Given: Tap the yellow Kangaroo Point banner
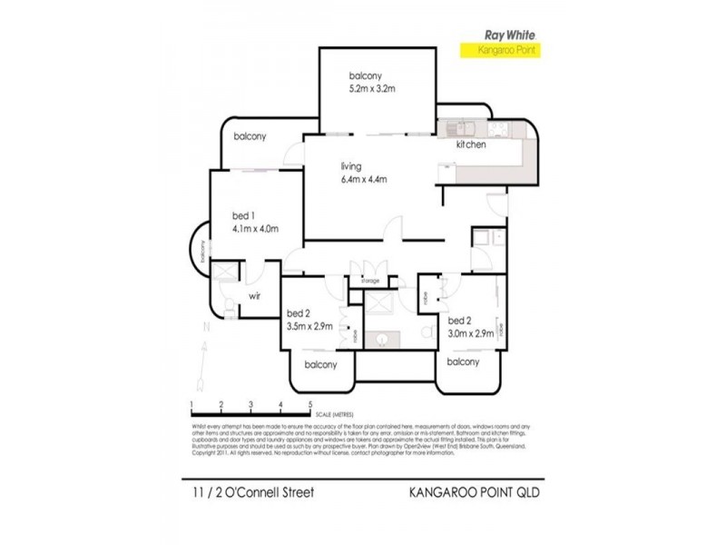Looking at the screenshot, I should pos(509,52).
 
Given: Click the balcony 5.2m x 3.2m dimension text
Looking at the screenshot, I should pos(373,89).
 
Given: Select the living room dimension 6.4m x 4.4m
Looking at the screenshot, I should pos(364,179).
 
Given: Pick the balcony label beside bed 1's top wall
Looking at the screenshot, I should pos(250,136).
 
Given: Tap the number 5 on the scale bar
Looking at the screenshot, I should pos(310,403).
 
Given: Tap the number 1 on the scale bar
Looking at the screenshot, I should pos(191,403).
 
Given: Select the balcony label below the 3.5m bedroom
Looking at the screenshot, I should pos(321,364).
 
